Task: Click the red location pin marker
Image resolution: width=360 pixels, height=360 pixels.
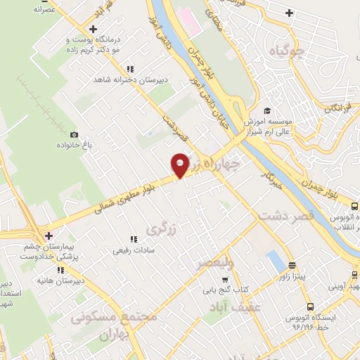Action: click(x=180, y=165)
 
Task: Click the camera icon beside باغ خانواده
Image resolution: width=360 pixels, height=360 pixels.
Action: click(x=74, y=134)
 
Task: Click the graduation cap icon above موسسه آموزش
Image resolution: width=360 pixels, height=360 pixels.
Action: click(x=266, y=110)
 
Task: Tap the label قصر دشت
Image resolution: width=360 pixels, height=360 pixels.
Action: click(x=285, y=216)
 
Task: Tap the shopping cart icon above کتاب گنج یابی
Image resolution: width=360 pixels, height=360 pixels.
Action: click(x=225, y=279)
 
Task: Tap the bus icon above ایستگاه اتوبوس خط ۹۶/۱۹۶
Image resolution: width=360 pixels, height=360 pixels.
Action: click(x=310, y=307)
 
